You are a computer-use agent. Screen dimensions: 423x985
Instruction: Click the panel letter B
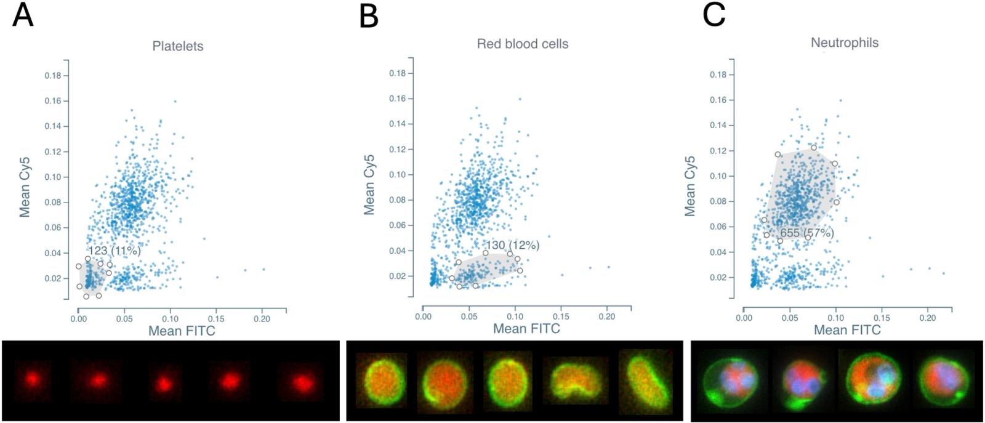click(368, 16)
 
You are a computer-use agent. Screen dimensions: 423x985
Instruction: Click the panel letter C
click(714, 15)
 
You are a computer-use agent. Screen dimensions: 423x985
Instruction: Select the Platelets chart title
click(177, 46)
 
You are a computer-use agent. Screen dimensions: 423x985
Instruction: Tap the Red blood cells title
click(522, 44)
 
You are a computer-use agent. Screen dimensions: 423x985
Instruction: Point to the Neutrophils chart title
click(844, 42)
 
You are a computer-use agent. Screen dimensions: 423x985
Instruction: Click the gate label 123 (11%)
click(115, 251)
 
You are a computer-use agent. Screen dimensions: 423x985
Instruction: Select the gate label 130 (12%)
click(512, 245)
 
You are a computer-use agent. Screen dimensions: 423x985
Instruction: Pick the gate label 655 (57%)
click(806, 233)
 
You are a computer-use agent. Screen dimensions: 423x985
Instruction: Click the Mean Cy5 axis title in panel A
click(25, 187)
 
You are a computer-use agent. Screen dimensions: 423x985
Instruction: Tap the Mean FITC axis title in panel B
click(526, 328)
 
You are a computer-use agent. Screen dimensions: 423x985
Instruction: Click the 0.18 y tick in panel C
click(718, 75)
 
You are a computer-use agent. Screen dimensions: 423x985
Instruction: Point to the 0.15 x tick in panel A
click(216, 319)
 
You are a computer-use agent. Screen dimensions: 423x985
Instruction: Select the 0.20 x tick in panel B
click(606, 316)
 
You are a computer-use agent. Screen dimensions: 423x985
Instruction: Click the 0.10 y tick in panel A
click(52, 177)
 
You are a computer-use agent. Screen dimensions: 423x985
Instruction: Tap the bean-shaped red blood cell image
click(574, 381)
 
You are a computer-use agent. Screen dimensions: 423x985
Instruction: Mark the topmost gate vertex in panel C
click(813, 148)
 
